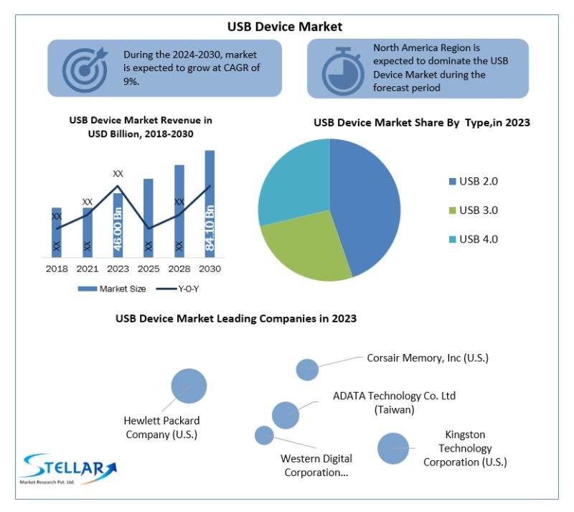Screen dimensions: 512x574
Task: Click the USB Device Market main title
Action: (x=285, y=27)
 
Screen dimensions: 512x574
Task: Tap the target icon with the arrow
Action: (x=84, y=68)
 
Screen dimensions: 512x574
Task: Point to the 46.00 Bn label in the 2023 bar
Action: (x=118, y=229)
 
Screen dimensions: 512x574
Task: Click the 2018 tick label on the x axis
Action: (x=57, y=269)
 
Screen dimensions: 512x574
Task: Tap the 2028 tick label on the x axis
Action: (x=179, y=269)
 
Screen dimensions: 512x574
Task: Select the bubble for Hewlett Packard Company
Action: (x=189, y=386)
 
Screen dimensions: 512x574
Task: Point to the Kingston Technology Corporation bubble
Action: (x=392, y=449)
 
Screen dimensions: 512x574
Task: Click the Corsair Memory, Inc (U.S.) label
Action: (x=428, y=357)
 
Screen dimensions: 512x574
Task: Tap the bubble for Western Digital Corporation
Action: (x=264, y=435)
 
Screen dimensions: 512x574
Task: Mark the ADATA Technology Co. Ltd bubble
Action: (x=286, y=414)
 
